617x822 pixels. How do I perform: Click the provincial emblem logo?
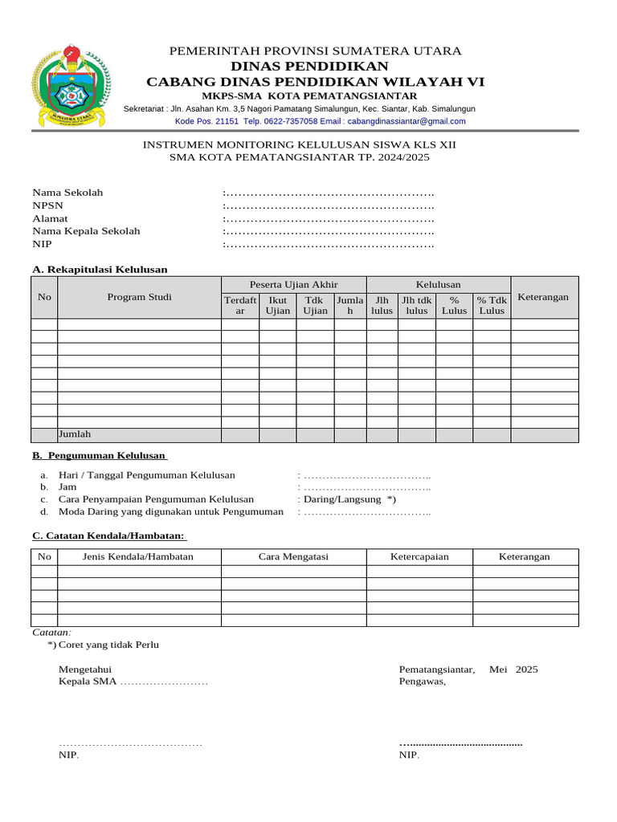click(70, 87)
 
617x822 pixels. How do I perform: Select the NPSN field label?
click(46, 205)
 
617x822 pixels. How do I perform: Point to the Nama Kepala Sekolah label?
click(86, 231)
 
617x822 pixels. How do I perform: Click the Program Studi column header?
click(139, 297)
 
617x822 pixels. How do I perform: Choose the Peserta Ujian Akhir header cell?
click(293, 285)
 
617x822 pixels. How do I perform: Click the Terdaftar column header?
click(240, 305)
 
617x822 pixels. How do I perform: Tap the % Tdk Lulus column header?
click(492, 305)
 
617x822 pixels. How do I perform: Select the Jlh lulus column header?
click(382, 305)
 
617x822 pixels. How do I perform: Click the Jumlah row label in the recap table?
click(75, 434)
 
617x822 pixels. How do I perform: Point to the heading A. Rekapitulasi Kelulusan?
click(100, 269)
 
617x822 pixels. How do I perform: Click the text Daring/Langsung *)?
click(350, 498)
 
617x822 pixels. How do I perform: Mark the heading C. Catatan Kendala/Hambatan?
click(108, 535)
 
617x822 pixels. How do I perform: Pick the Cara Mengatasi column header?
click(293, 556)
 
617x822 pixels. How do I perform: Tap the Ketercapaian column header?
click(419, 556)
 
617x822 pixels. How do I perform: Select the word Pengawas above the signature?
click(423, 682)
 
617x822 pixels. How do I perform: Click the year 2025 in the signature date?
click(527, 669)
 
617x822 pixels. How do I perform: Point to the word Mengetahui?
click(84, 669)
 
